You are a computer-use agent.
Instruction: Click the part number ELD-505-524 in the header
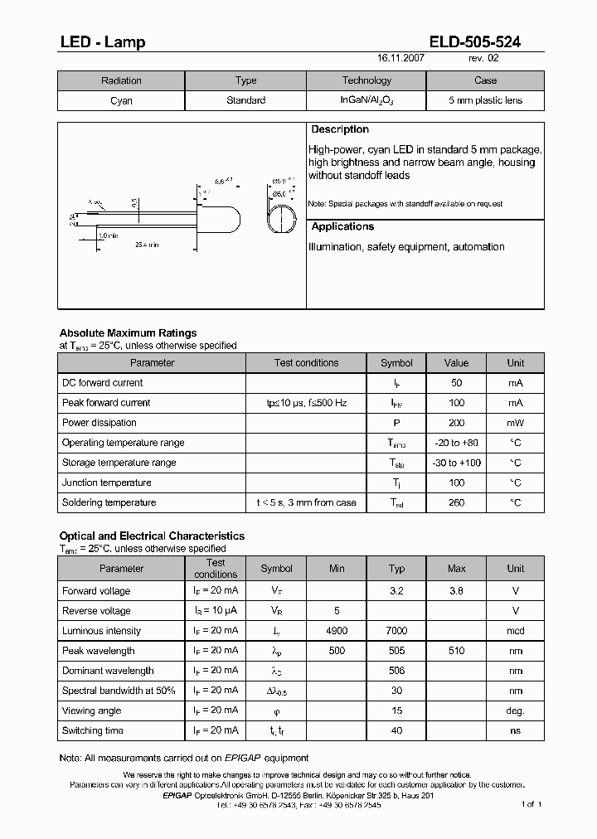(475, 42)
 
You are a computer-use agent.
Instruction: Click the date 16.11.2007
(401, 59)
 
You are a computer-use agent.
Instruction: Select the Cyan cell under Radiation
(121, 100)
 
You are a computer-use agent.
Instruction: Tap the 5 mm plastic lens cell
(485, 100)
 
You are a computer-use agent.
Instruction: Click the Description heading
(340, 129)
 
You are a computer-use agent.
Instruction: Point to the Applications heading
(342, 226)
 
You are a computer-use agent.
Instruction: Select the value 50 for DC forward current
(456, 383)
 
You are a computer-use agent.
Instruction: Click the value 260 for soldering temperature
(456, 502)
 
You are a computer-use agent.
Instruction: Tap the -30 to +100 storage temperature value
(456, 463)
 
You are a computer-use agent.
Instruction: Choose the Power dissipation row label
(99, 423)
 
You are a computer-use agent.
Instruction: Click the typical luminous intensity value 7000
(396, 631)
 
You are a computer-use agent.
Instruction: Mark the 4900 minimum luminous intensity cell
(337, 631)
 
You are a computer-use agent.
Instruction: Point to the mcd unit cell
(516, 631)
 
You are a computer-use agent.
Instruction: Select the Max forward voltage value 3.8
(456, 591)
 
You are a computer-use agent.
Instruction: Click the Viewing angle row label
(91, 710)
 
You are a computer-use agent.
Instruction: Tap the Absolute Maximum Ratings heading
(128, 333)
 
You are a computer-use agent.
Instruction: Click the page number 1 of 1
(531, 804)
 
